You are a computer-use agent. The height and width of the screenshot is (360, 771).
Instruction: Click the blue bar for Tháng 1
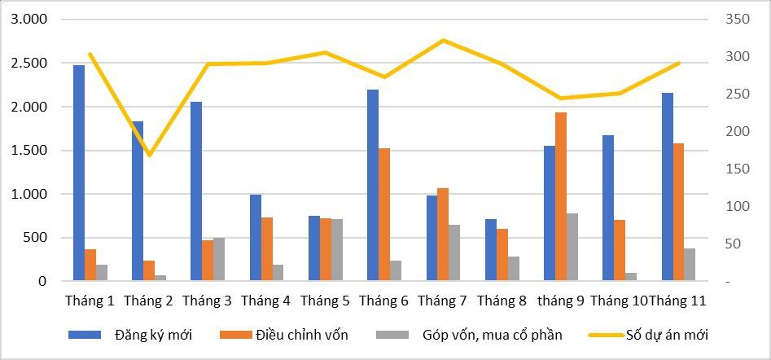point(79,173)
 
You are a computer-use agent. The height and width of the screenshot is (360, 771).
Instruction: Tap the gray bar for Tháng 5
point(337,250)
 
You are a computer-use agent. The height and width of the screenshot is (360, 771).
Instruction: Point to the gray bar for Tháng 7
point(454,252)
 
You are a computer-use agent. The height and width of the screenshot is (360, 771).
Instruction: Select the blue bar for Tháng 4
point(256,238)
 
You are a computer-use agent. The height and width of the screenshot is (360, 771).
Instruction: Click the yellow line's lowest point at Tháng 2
point(149,155)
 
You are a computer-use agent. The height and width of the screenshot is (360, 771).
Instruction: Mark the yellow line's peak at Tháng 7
point(443,40)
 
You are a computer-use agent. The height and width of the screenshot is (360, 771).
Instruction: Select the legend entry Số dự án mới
point(667,335)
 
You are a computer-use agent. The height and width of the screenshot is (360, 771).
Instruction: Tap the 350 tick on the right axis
point(736,19)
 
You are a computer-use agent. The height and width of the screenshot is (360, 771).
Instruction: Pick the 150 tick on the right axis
point(736,169)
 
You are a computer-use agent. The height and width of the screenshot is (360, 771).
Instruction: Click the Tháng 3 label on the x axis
point(207,301)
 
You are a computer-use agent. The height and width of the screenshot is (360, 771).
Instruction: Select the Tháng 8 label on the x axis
point(502,301)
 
